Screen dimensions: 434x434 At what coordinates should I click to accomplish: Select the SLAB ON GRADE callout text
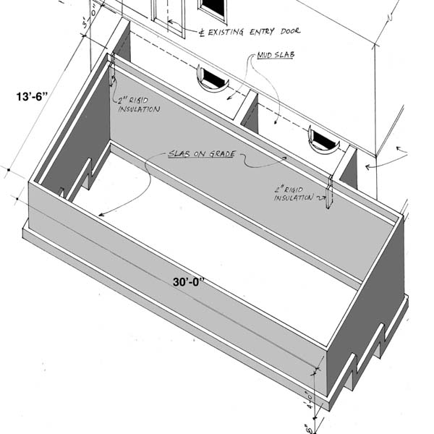(x=202, y=154)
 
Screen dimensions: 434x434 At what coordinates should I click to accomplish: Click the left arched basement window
(x=210, y=79)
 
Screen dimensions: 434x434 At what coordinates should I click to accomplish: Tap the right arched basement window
(x=323, y=139)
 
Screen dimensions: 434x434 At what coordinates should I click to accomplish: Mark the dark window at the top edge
(x=212, y=8)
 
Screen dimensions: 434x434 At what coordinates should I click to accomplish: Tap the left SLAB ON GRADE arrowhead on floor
(x=101, y=215)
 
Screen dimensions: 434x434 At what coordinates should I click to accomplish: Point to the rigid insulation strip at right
(x=329, y=193)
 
